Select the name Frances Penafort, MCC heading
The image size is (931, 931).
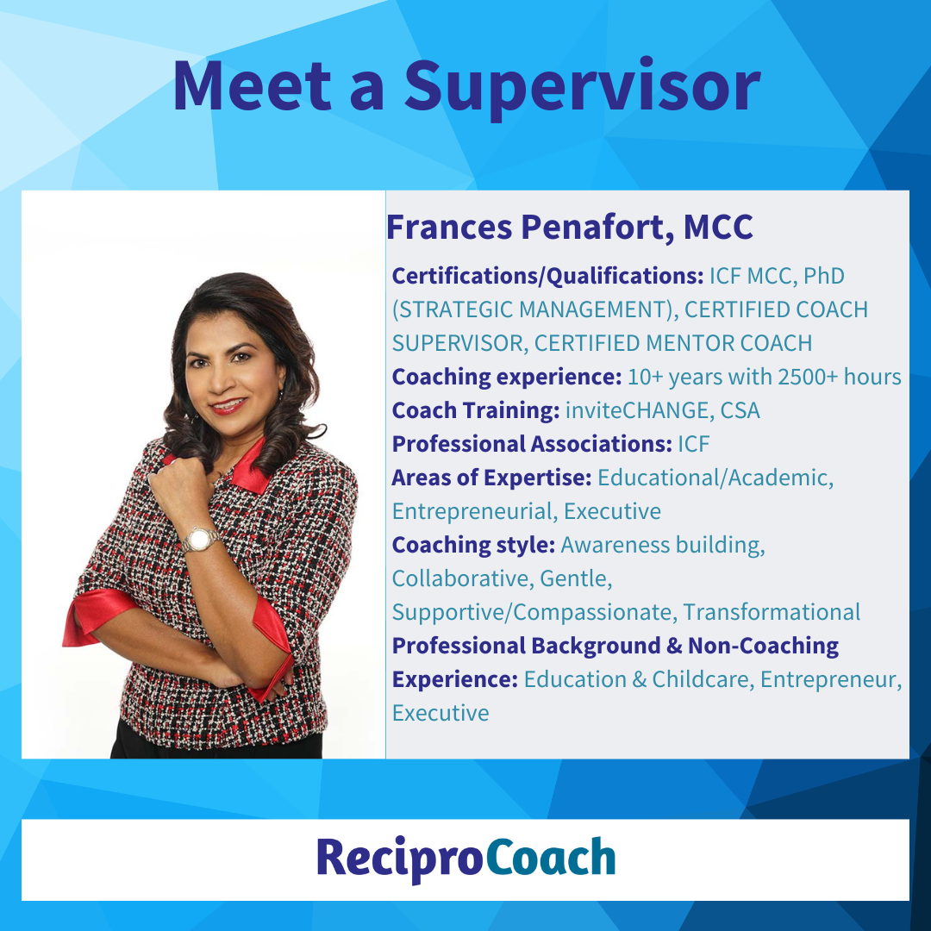[x=570, y=227]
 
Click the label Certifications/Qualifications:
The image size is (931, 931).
[x=547, y=276]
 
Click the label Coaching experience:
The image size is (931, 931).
[x=506, y=377]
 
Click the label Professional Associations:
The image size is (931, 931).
[x=531, y=444]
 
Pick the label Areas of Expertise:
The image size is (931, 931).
[x=491, y=478]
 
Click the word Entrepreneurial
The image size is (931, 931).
[x=474, y=511]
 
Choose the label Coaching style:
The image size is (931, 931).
[x=473, y=545]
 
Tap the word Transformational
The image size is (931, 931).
[x=772, y=612]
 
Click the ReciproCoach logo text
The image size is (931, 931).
[x=465, y=859]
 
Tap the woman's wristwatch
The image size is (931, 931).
[x=199, y=540]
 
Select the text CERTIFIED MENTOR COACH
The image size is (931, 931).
[x=673, y=343]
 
